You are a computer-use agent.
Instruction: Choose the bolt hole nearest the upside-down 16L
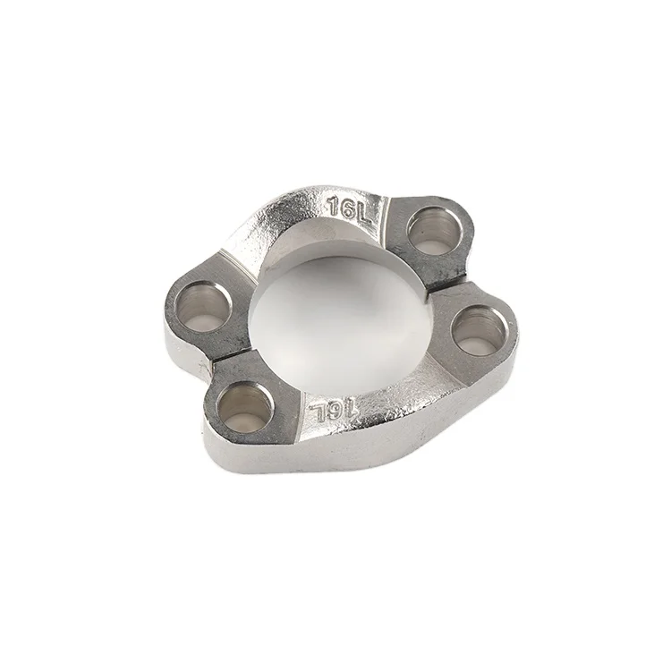tap(244, 403)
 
